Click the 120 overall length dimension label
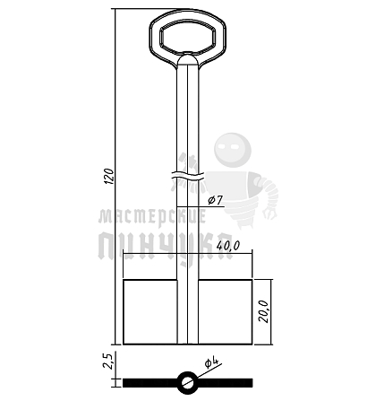tap(110, 176)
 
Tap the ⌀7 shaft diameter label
tap(215, 200)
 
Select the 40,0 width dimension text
tap(228, 246)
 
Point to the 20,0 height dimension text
tap(264, 311)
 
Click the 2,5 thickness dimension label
tap(107, 361)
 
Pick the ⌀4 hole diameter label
tap(212, 362)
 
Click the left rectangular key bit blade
tap(150, 312)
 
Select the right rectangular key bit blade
tap(226, 312)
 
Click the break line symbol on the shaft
tap(188, 177)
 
